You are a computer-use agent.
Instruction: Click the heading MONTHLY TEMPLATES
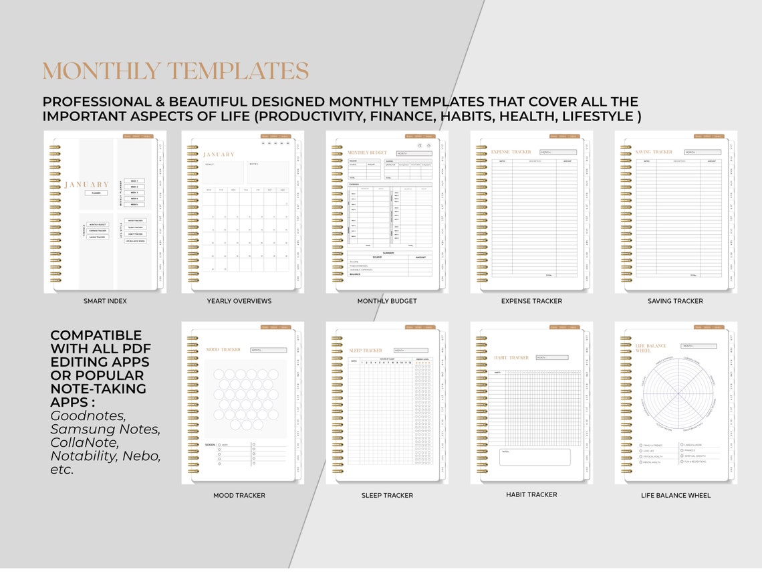pos(175,71)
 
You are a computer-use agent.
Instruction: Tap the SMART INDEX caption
pos(105,301)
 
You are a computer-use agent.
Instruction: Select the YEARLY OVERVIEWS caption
pos(239,301)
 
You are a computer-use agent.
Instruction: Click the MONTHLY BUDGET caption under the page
pos(387,301)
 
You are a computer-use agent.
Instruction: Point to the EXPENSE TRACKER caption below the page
pos(531,301)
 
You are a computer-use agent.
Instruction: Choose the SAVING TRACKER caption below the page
pos(675,301)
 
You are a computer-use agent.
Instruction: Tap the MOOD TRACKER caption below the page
pos(239,496)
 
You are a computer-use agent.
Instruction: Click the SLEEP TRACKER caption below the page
pos(387,496)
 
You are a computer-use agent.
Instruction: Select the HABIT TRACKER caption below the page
pos(531,495)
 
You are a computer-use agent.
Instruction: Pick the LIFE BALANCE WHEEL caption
pos(675,496)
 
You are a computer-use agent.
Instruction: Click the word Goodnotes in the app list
pos(88,415)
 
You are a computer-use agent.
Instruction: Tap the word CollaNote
pos(85,442)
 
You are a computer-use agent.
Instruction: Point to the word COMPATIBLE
pos(96,335)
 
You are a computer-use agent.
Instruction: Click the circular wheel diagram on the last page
pos(678,393)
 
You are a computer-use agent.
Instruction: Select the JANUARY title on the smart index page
pos(86,185)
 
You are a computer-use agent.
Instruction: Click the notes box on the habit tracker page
pos(535,457)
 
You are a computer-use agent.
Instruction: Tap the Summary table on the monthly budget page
pos(390,264)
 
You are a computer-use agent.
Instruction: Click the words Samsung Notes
pos(105,429)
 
